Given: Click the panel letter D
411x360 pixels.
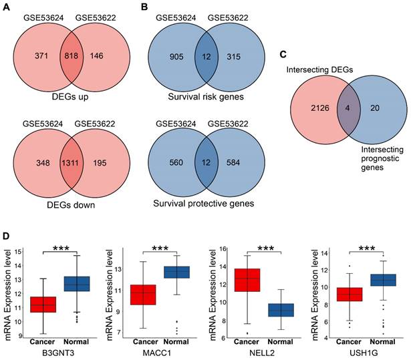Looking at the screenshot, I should coord(6,236).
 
